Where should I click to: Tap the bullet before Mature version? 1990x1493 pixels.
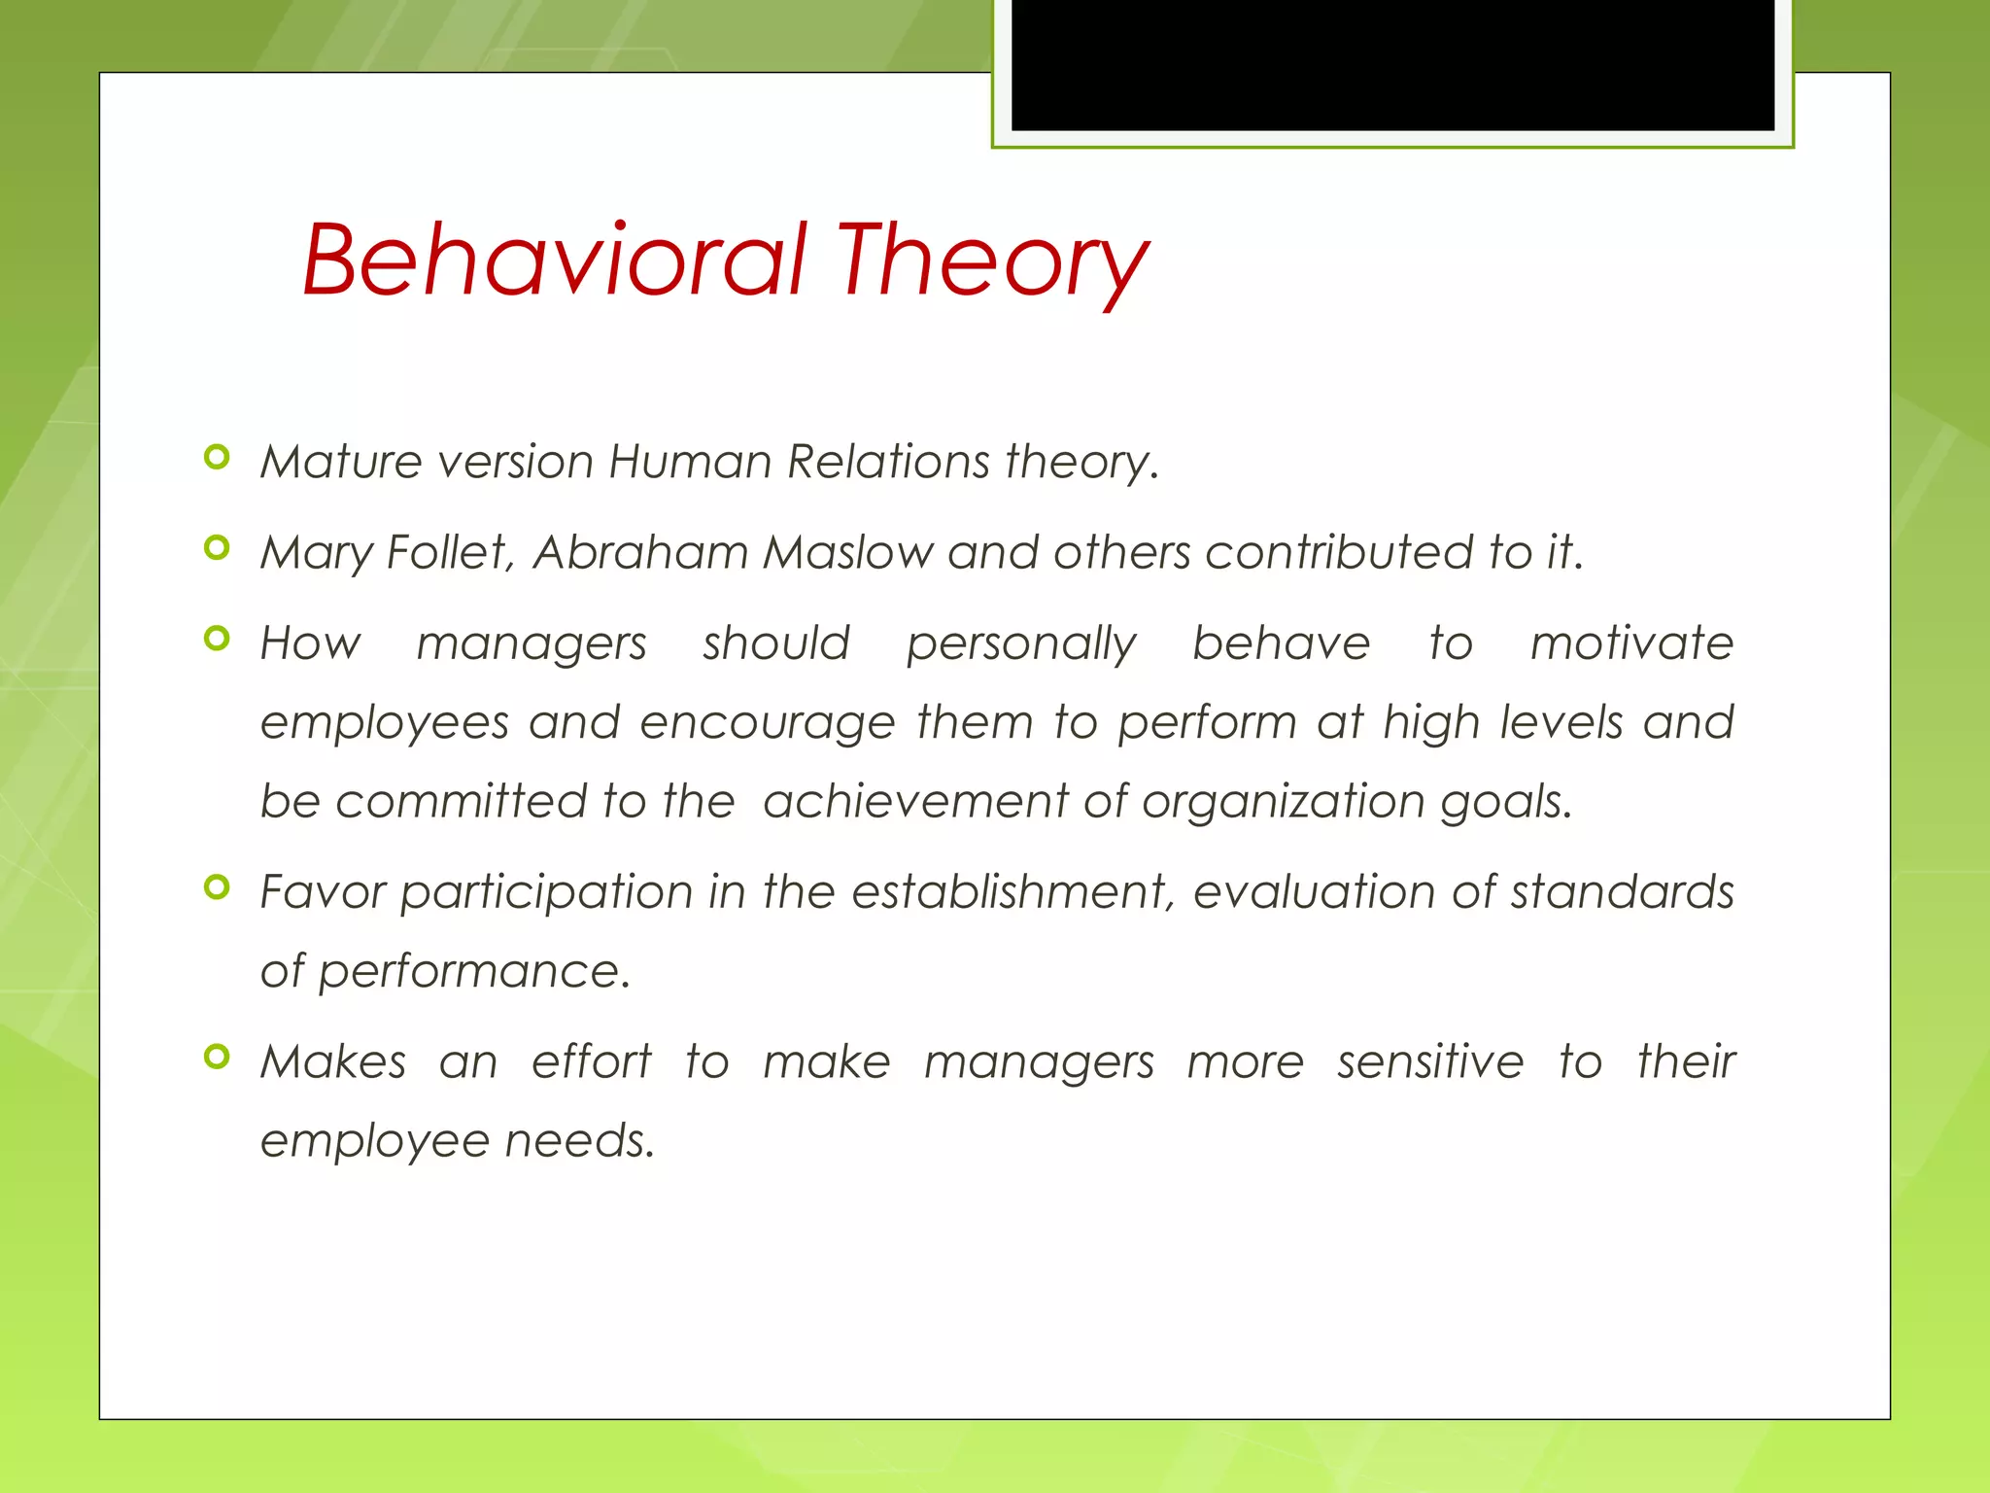[x=218, y=457]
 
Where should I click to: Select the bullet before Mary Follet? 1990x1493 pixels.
[x=218, y=548]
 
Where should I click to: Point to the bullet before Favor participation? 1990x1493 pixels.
[x=218, y=886]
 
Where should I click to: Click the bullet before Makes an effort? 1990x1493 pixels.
[x=218, y=1057]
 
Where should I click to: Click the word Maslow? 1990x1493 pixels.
[x=847, y=552]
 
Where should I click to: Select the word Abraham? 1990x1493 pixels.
[x=640, y=552]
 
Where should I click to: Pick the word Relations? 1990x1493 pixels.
[x=888, y=461]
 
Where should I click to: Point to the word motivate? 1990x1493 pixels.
[x=1631, y=643]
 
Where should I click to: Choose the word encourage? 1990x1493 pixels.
[x=768, y=723]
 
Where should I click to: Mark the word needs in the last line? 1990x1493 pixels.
[x=579, y=1140]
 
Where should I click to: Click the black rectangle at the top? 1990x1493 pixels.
[x=1392, y=64]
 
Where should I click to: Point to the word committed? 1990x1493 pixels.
[x=461, y=802]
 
